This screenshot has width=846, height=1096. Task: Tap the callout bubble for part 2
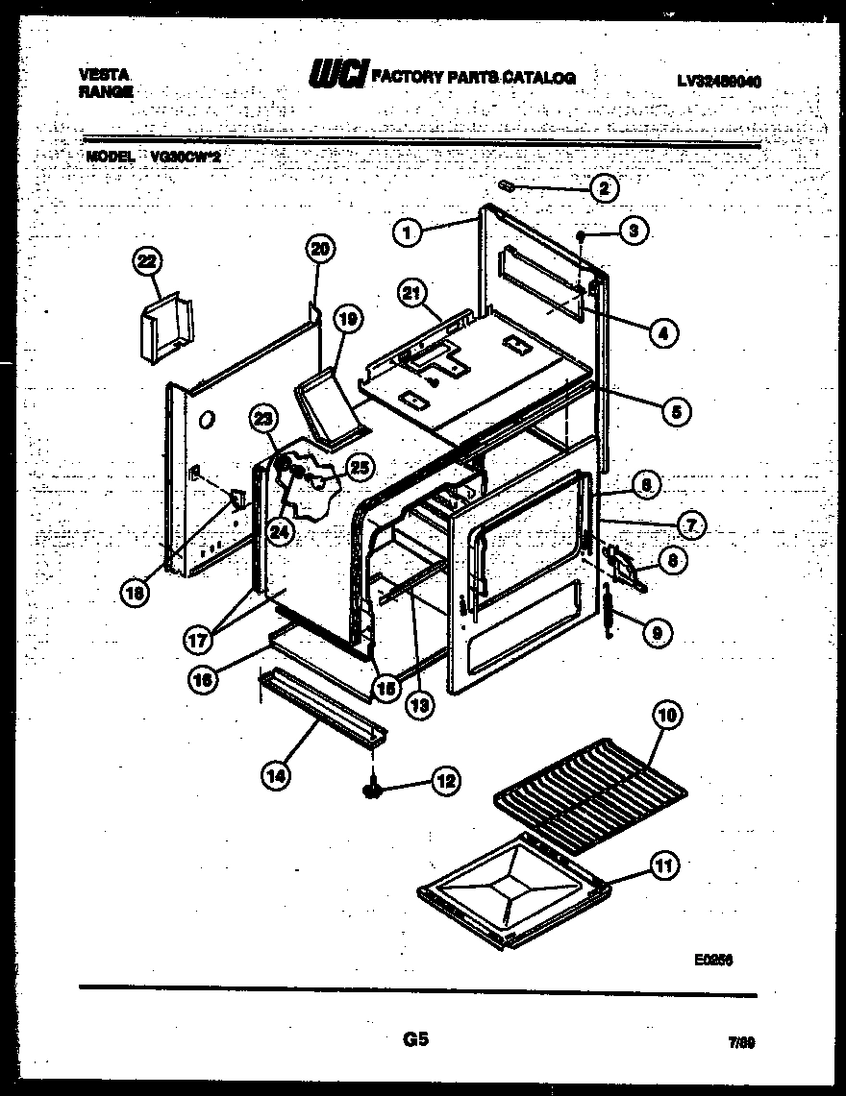tap(603, 189)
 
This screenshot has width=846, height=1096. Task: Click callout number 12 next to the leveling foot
tap(444, 781)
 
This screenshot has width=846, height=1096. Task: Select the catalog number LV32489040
tap(718, 82)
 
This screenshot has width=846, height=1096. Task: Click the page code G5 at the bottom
tap(415, 1039)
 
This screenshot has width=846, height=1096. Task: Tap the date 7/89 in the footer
tap(740, 1041)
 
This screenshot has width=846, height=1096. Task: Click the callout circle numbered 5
tap(676, 412)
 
